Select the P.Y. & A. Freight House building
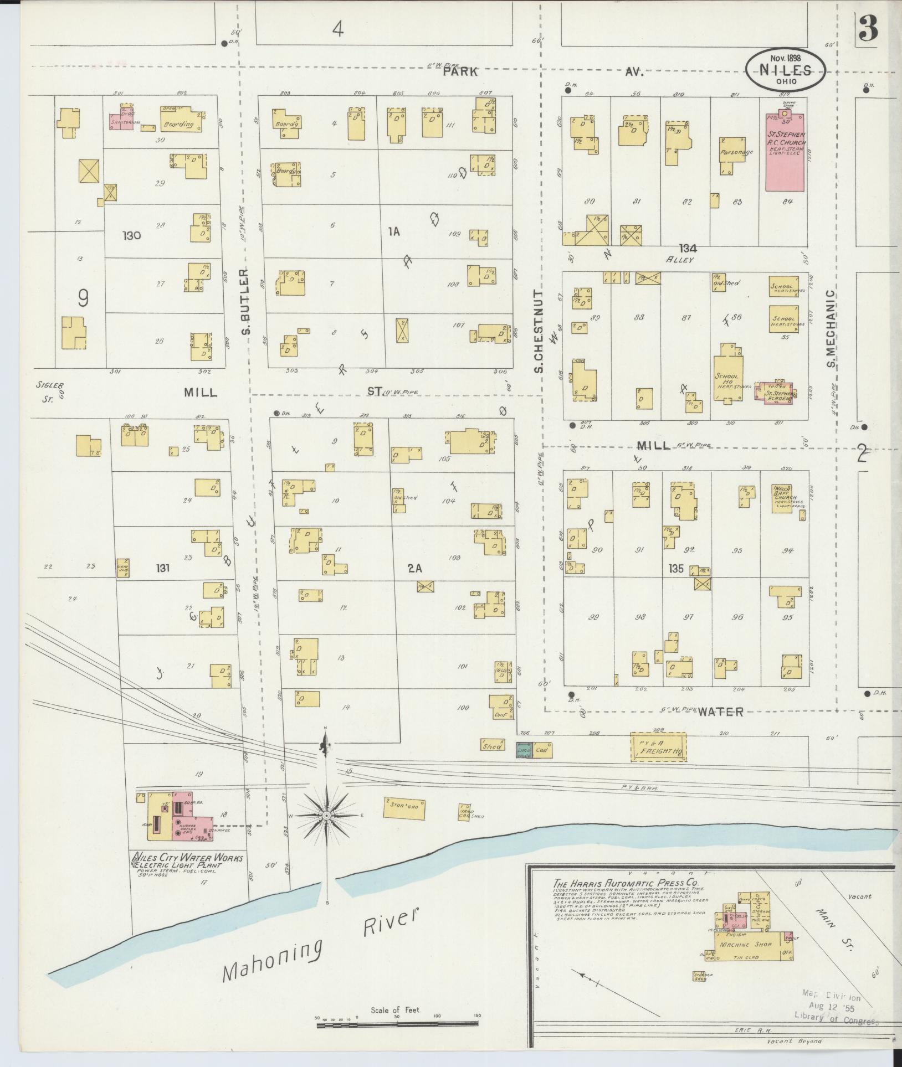coord(658,748)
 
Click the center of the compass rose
coord(326,816)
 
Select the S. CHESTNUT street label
coord(540,332)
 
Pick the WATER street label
coord(720,712)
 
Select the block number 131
coord(162,568)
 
